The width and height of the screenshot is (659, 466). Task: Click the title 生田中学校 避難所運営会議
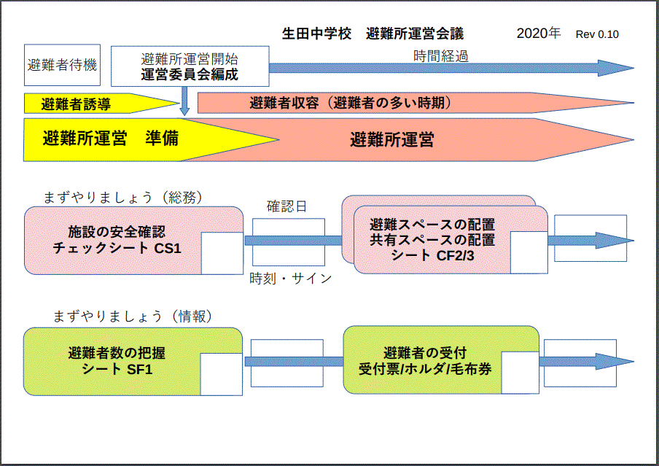[373, 34]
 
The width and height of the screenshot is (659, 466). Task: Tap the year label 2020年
[539, 34]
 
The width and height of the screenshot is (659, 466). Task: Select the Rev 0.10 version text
[597, 34]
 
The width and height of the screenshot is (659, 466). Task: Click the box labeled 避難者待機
[62, 65]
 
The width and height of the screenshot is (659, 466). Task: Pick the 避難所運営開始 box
[190, 66]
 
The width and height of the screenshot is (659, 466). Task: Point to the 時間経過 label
[441, 56]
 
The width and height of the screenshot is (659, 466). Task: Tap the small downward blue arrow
[184, 101]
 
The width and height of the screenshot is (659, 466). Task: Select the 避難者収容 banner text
[350, 103]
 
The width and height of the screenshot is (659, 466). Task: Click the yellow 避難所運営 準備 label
[111, 139]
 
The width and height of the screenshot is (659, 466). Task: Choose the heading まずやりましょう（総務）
[122, 197]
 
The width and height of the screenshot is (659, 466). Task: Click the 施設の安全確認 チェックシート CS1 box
[133, 240]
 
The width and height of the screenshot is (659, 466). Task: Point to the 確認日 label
[286, 206]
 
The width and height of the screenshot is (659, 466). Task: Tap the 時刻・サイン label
[291, 278]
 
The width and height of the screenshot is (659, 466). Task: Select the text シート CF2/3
[432, 255]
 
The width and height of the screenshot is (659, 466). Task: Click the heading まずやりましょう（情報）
[133, 317]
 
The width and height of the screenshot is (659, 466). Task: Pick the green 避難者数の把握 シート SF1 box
[133, 361]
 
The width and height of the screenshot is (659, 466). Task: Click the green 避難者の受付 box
[441, 360]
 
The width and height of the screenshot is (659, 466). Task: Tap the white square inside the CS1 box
[222, 253]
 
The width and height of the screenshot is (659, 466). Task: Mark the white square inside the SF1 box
[222, 374]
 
